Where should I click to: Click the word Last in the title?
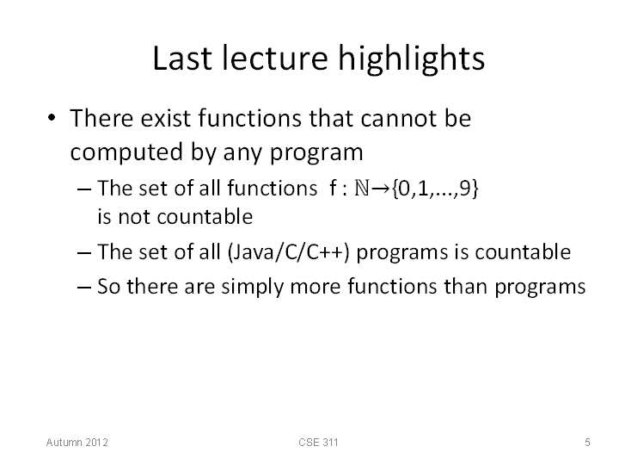(x=182, y=59)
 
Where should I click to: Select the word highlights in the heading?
(x=412, y=60)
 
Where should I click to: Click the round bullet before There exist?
(x=52, y=118)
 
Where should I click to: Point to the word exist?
(x=166, y=118)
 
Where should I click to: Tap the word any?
(x=243, y=154)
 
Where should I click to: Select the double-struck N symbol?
(x=362, y=188)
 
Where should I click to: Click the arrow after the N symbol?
(x=381, y=189)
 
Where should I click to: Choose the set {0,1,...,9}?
(x=435, y=189)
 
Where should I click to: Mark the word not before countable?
(x=134, y=217)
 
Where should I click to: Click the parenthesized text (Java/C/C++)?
(x=289, y=251)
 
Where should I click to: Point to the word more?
(x=315, y=288)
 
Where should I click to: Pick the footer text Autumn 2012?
(x=77, y=442)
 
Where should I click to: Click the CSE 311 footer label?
(x=319, y=442)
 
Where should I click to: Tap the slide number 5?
(x=587, y=442)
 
